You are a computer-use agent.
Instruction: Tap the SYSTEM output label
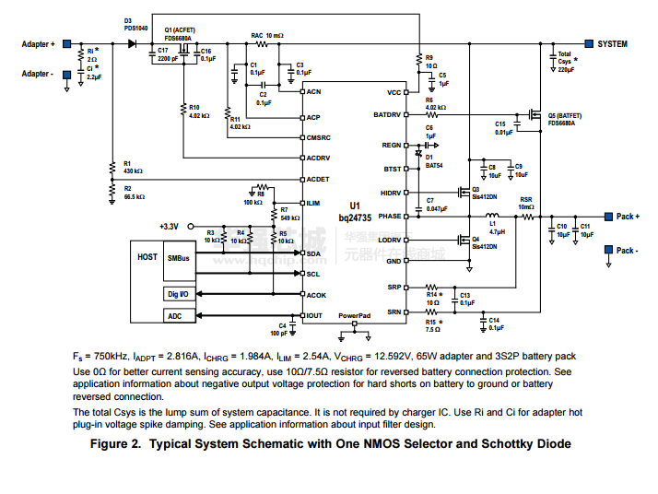(612, 43)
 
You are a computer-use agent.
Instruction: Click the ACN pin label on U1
(314, 92)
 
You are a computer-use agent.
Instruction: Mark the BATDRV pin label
(388, 115)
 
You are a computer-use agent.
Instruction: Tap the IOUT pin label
(315, 316)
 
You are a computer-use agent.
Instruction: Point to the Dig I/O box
(178, 294)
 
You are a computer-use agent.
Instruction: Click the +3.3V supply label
(169, 227)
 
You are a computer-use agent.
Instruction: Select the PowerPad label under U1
(354, 315)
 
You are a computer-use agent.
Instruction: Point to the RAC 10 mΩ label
(268, 35)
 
